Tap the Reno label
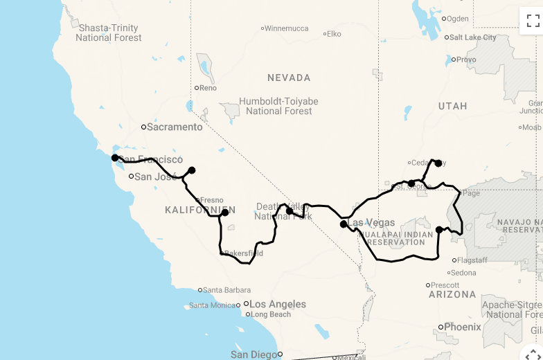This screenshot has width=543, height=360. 207,88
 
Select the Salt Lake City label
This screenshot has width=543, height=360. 472,37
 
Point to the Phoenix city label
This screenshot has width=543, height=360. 463,327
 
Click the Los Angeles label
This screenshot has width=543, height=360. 277,304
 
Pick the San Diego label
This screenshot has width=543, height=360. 253,354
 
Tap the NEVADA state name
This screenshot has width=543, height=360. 289,78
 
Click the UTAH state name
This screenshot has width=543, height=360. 452,106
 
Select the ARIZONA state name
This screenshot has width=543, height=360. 452,294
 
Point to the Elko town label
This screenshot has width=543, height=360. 334,33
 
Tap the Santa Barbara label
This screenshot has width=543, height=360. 222,290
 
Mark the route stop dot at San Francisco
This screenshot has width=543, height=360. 115,158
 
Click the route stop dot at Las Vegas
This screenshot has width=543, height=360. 344,224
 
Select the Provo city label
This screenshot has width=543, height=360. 467,60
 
